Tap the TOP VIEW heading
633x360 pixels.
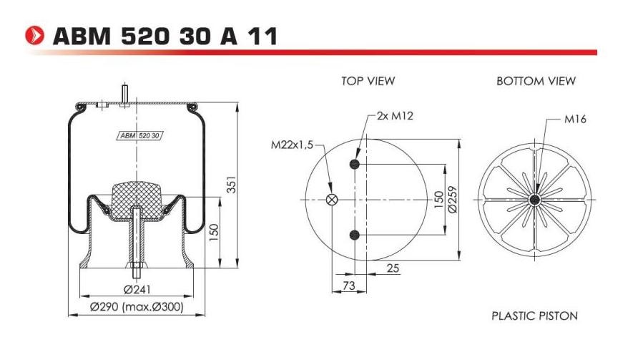(x=368, y=81)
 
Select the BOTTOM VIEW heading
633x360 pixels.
(x=536, y=81)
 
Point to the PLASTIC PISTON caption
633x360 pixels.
(x=534, y=315)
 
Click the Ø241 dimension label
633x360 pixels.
(x=136, y=290)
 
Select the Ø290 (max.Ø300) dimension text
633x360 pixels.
(x=137, y=307)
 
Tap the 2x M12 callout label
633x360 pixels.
(x=394, y=117)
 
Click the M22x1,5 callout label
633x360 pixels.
(x=292, y=145)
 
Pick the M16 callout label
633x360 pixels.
(x=575, y=120)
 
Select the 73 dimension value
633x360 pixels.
(x=348, y=286)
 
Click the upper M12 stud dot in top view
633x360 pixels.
(x=354, y=165)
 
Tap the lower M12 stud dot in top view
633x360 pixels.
(x=354, y=235)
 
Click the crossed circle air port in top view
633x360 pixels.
(x=332, y=200)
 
